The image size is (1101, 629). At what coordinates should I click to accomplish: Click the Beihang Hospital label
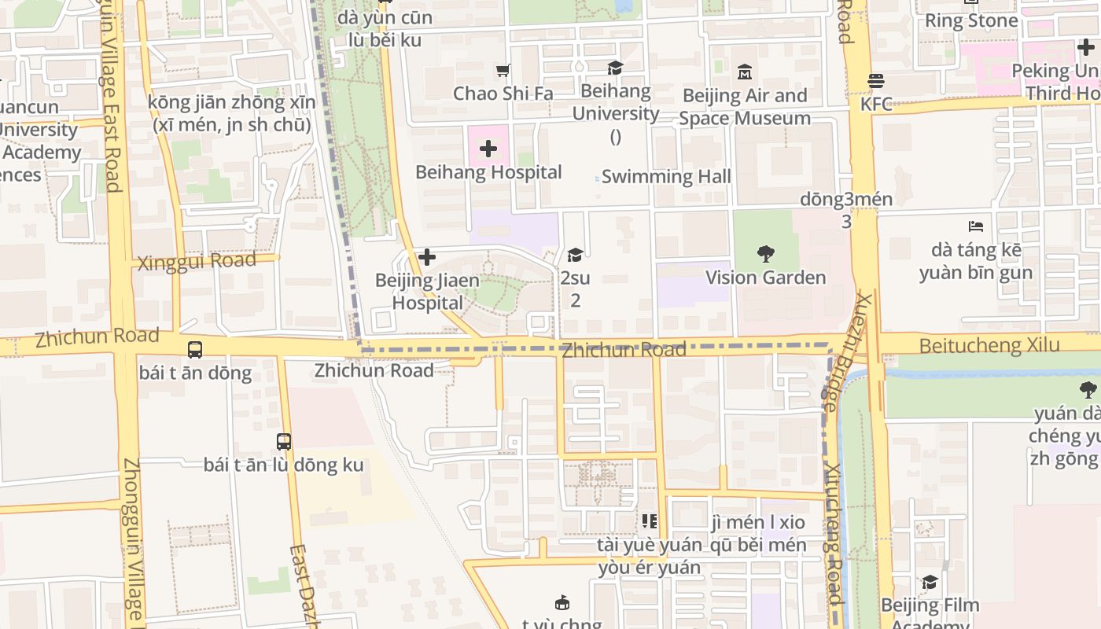click(488, 172)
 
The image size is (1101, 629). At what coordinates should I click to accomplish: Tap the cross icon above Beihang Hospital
click(488, 148)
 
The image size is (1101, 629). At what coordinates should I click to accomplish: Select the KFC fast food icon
click(876, 81)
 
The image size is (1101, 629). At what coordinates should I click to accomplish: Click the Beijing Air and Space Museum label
click(745, 107)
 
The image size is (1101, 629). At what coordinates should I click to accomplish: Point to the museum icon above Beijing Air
click(745, 73)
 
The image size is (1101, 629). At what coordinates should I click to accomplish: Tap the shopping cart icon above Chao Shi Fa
click(503, 71)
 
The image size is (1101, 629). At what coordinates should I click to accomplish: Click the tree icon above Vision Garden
click(766, 253)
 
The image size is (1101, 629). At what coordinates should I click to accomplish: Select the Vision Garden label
click(765, 278)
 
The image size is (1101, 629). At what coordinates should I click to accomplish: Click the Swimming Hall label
click(666, 176)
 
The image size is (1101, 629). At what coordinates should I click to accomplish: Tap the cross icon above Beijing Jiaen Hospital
click(427, 257)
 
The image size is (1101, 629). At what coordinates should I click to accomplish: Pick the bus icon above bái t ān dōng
click(194, 349)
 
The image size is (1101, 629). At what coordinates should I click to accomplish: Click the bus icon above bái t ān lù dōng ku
click(284, 441)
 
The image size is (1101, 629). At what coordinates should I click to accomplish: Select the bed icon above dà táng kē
click(976, 226)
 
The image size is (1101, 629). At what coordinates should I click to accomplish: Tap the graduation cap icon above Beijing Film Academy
click(930, 583)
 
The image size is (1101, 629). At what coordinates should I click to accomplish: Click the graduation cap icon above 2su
click(575, 255)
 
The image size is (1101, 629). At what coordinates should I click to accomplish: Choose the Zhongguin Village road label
click(134, 543)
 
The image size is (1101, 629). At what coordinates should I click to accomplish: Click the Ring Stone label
click(971, 20)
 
